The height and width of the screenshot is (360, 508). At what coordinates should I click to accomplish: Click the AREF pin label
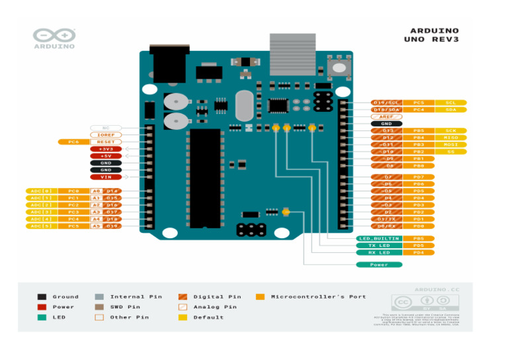pyautogui.click(x=386, y=116)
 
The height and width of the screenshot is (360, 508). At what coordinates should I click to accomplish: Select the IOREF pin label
pyautogui.click(x=106, y=134)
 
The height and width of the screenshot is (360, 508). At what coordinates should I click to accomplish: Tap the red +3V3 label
pyautogui.click(x=106, y=149)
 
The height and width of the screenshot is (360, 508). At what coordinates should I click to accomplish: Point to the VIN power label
pyautogui.click(x=106, y=177)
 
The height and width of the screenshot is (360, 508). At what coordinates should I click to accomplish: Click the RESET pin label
pyautogui.click(x=106, y=142)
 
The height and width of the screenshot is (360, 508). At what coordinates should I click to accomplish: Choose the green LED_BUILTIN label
pyautogui.click(x=379, y=238)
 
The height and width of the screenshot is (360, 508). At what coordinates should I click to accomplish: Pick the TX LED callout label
pyautogui.click(x=379, y=246)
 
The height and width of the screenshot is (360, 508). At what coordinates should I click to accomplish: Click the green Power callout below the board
pyautogui.click(x=379, y=265)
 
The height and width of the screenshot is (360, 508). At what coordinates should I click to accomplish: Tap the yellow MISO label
pyautogui.click(x=450, y=138)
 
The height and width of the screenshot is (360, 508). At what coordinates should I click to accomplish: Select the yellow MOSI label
pyautogui.click(x=450, y=144)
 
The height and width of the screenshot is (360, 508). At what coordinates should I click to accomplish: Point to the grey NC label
pyautogui.click(x=106, y=127)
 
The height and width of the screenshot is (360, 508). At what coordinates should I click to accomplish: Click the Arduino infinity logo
pyautogui.click(x=54, y=36)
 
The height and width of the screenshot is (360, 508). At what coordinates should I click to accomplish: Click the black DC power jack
pyautogui.click(x=169, y=64)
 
